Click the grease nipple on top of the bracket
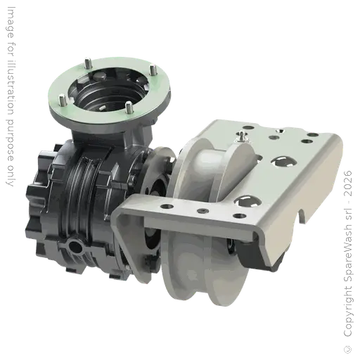pos(241,136)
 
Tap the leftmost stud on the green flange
pos(62,100)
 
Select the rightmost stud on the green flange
pos(153,70)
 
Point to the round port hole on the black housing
pos(75,246)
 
